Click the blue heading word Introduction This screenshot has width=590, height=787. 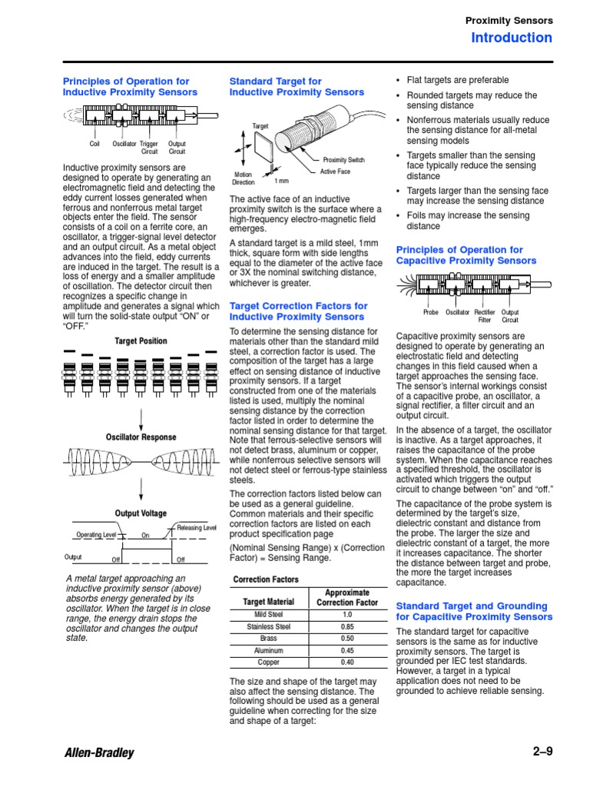pos(511,38)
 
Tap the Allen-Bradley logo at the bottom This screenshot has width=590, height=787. pos(99,752)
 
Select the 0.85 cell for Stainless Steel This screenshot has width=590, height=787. pos(346,626)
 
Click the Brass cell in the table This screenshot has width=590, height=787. pos(269,639)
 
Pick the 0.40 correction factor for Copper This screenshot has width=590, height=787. pos(346,662)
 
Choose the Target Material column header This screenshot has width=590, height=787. pos(269,603)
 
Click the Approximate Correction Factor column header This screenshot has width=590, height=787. pos(346,598)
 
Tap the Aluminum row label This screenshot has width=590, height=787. pos(269,650)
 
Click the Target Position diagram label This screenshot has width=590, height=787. pos(141,341)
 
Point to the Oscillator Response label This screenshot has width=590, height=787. pos(141,437)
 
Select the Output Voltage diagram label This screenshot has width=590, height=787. pos(141,513)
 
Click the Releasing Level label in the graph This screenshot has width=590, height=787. pos(197,528)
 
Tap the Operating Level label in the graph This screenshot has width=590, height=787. pos(96,535)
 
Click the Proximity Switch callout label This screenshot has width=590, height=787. pos(343,160)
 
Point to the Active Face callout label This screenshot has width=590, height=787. pos(335,171)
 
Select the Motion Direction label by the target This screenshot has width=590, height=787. pos(244,178)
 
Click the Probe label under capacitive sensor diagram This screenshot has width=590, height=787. pos(431,313)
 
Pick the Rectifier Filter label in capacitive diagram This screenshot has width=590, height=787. pos(484,316)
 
